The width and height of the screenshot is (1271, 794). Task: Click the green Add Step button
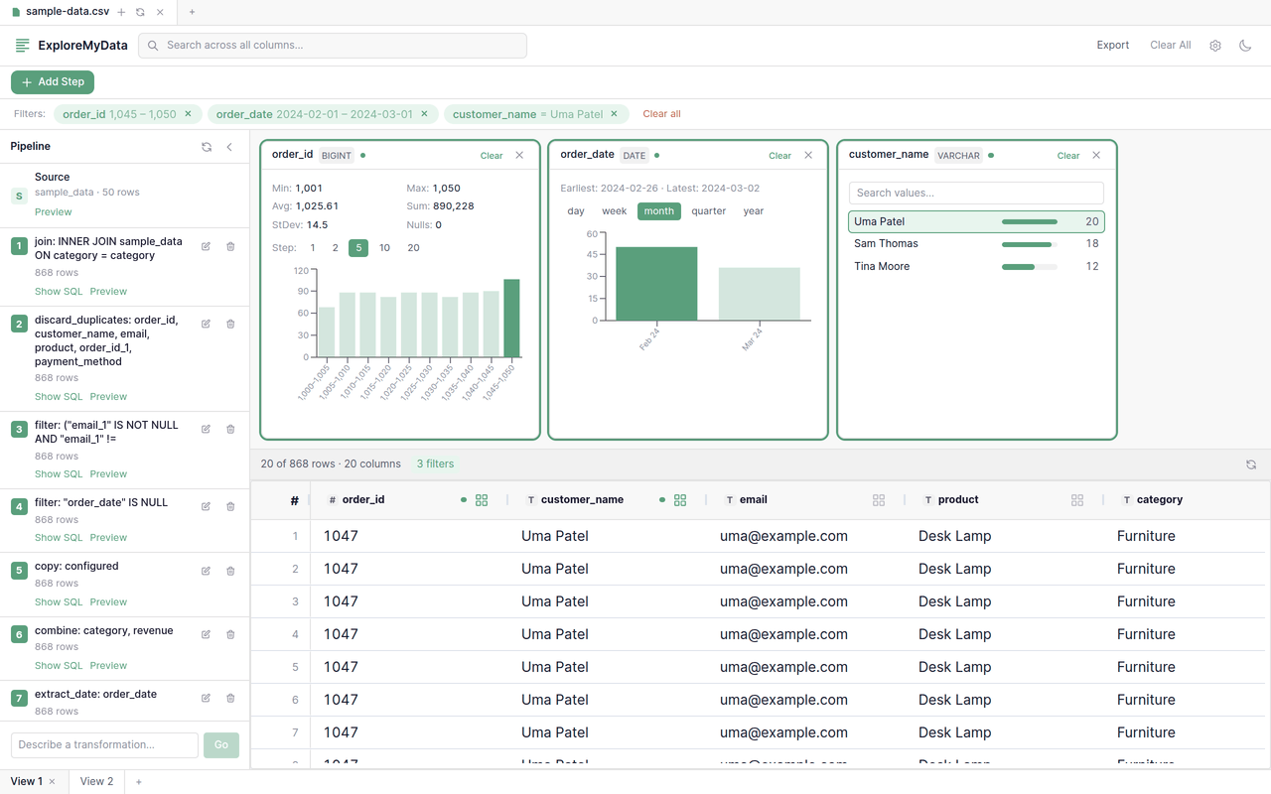pyautogui.click(x=53, y=82)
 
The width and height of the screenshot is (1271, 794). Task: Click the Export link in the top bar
pyautogui.click(x=1112, y=45)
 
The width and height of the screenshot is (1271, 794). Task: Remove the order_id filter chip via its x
pyautogui.click(x=188, y=114)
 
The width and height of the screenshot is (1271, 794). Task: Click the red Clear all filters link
pyautogui.click(x=661, y=114)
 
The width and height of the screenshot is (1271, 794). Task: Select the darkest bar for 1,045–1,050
pyautogui.click(x=511, y=318)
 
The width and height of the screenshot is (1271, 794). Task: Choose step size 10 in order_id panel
pyautogui.click(x=384, y=248)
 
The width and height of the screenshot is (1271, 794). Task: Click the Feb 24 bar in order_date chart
pyautogui.click(x=656, y=284)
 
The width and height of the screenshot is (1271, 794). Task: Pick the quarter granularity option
pyautogui.click(x=708, y=211)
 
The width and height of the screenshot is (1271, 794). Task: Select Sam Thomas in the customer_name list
pyautogui.click(x=886, y=244)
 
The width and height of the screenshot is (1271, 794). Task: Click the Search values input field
pyautogui.click(x=975, y=193)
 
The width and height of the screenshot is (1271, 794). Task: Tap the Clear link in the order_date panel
pyautogui.click(x=779, y=156)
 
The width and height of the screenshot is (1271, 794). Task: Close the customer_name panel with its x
pyautogui.click(x=1096, y=156)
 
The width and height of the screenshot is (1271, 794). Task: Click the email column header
pyautogui.click(x=753, y=500)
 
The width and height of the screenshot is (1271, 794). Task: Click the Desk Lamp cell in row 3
pyautogui.click(x=954, y=601)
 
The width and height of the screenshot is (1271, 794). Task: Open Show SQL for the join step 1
pyautogui.click(x=59, y=292)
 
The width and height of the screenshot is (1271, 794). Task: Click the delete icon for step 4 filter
pyautogui.click(x=230, y=506)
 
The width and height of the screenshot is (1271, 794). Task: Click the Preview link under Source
pyautogui.click(x=53, y=212)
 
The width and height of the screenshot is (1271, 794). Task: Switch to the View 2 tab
pyautogui.click(x=96, y=781)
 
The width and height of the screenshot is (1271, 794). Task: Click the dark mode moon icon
pyautogui.click(x=1245, y=46)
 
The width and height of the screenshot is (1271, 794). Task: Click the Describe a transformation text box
pyautogui.click(x=104, y=745)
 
